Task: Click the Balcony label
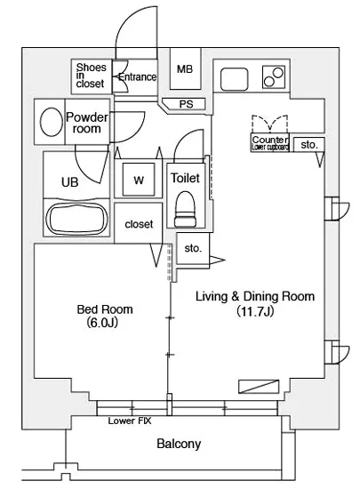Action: pyautogui.click(x=179, y=444)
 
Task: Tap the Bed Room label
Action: pyautogui.click(x=105, y=309)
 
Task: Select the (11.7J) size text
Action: pyautogui.click(x=255, y=311)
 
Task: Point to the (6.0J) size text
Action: pyautogui.click(x=102, y=323)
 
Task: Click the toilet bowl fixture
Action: pyautogui.click(x=185, y=209)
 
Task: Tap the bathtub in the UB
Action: pyautogui.click(x=77, y=219)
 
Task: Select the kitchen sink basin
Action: pyautogui.click(x=235, y=79)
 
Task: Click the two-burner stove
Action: pyautogui.click(x=274, y=76)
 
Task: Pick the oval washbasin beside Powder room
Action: pyautogui.click(x=52, y=122)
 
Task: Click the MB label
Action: pyautogui.click(x=185, y=69)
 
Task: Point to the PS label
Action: pyautogui.click(x=186, y=104)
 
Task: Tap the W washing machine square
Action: pyautogui.click(x=139, y=180)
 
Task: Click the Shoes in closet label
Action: pyautogui.click(x=91, y=76)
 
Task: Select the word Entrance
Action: pyautogui.click(x=138, y=77)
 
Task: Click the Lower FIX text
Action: pyautogui.click(x=130, y=421)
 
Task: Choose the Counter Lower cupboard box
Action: pyautogui.click(x=270, y=143)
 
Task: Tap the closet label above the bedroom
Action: pyautogui.click(x=139, y=224)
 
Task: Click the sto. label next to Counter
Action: pyautogui.click(x=308, y=145)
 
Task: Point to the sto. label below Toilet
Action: pyautogui.click(x=193, y=248)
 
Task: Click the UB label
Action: pyautogui.click(x=70, y=182)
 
